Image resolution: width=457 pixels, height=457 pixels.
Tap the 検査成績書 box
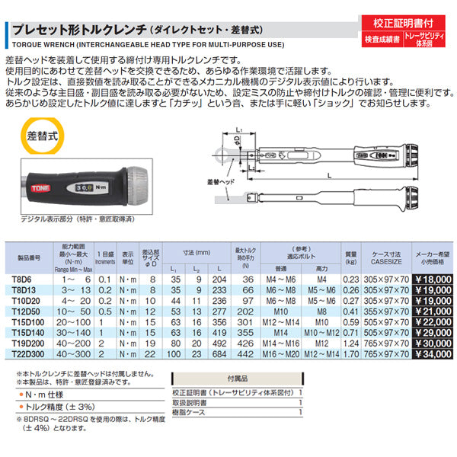[x=381, y=40]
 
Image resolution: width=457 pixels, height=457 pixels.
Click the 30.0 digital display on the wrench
[x=85, y=187]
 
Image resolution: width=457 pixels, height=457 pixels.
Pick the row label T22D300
[x=27, y=353]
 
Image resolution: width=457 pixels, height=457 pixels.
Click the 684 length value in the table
[x=219, y=353]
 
